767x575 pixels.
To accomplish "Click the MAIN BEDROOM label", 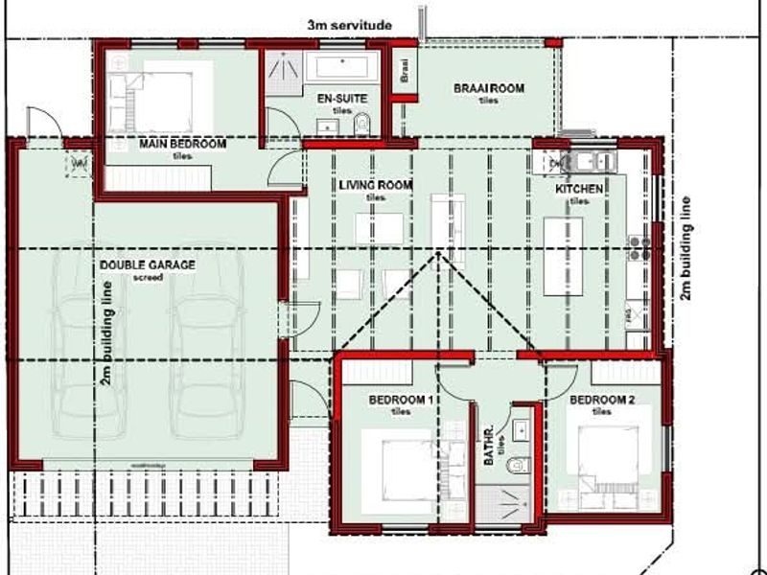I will (x=182, y=144).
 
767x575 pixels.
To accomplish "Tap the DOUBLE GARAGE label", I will (x=148, y=264).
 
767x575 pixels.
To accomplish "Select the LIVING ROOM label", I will (x=375, y=185).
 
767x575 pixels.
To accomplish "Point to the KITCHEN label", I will (x=579, y=189).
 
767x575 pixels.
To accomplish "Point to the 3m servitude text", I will (x=349, y=25).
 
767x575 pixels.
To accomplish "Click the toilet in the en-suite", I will (x=361, y=124).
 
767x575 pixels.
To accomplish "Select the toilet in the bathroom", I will (x=519, y=463).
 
